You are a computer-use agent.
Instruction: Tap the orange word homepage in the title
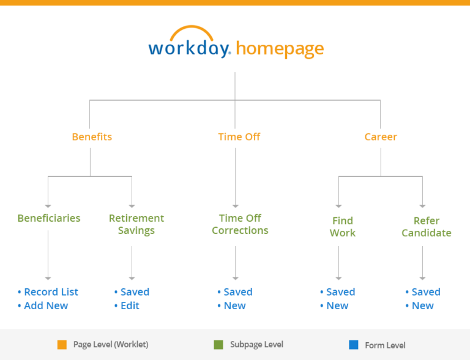(280, 49)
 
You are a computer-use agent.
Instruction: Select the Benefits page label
(92, 137)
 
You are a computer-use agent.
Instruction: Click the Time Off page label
(239, 137)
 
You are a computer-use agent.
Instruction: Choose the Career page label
(381, 137)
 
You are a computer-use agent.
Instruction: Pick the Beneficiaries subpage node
(49, 218)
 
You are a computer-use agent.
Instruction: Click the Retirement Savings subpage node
(136, 224)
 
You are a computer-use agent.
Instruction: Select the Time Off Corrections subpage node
(240, 224)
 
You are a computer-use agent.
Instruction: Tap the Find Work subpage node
(343, 227)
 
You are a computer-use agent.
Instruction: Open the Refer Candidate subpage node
(427, 227)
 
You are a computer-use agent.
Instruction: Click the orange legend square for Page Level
(62, 345)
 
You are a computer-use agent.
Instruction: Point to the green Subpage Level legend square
(218, 345)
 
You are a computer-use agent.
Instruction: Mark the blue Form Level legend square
(353, 345)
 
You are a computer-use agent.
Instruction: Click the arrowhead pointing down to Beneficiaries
(48, 206)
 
